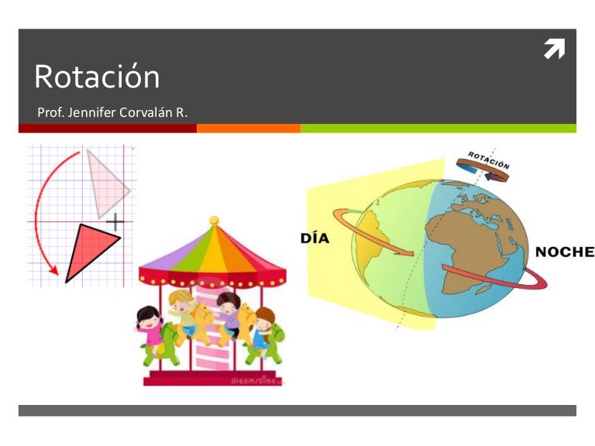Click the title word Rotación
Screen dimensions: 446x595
coord(97,77)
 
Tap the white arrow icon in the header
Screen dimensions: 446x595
coord(554,50)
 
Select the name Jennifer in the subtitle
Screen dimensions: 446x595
coord(92,114)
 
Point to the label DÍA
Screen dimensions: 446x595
coord(315,238)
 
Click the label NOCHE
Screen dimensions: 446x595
coord(565,252)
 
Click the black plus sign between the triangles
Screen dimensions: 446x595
coord(115,222)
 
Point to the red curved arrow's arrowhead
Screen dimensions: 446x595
coord(53,271)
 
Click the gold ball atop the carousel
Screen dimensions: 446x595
coord(214,221)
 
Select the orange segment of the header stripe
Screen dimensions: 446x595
coord(248,129)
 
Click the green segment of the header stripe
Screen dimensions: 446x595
coord(438,129)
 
